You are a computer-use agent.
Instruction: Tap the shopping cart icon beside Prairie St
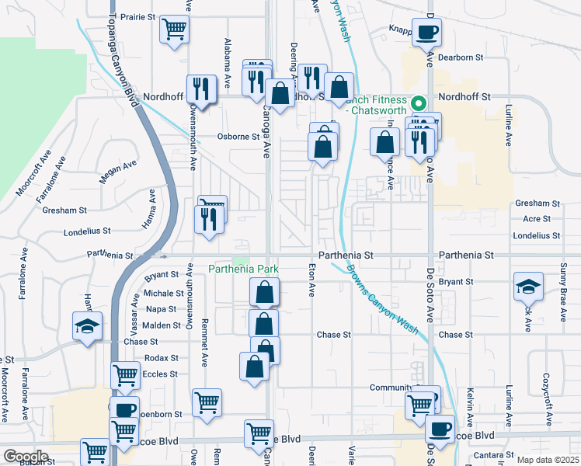tap(175, 30)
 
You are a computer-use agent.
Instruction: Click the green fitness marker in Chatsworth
tap(419, 102)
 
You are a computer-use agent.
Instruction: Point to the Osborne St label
tap(238, 137)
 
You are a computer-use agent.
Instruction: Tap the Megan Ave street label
tap(117, 172)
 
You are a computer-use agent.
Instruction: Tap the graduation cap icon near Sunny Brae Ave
tap(528, 287)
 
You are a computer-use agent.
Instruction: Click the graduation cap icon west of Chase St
tap(87, 326)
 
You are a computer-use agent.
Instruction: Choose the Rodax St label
tap(162, 358)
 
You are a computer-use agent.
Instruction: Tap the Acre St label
tap(537, 219)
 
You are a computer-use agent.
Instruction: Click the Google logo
tap(26, 457)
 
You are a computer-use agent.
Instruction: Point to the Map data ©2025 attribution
tap(548, 460)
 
